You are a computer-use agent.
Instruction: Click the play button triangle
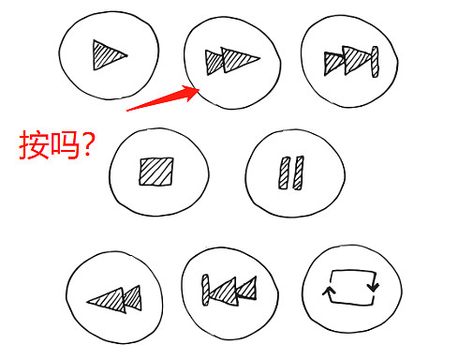click(x=108, y=55)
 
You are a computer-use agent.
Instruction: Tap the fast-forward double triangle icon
click(x=232, y=61)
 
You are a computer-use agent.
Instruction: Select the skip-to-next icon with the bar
click(x=351, y=61)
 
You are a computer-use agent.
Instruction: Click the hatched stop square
click(x=156, y=172)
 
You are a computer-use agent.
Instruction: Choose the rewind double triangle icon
click(x=114, y=299)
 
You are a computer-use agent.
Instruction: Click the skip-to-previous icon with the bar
click(x=229, y=291)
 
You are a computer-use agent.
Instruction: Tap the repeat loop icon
click(x=350, y=287)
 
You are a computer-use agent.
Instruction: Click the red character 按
click(x=34, y=145)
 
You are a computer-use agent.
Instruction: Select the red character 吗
click(x=65, y=145)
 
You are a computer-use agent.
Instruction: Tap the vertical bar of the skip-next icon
click(x=375, y=62)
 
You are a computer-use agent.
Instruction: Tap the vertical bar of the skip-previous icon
click(x=205, y=290)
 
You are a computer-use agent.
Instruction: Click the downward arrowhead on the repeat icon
click(x=373, y=287)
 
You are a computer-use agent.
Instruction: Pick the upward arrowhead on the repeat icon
click(x=329, y=292)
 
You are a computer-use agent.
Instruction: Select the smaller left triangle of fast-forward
click(x=214, y=63)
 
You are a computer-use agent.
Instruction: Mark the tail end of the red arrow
click(x=126, y=111)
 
